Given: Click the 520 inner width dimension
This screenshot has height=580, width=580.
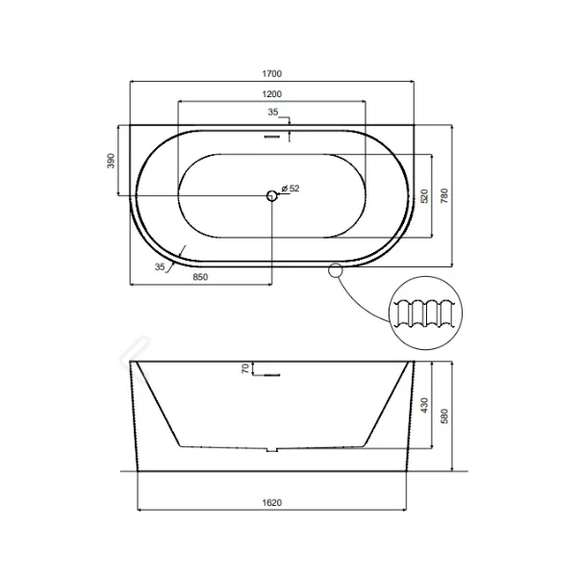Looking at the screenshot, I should pyautogui.click(x=423, y=196).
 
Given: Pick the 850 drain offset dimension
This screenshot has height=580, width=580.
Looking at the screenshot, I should pyautogui.click(x=200, y=277).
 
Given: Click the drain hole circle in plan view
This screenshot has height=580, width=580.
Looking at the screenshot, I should pyautogui.click(x=272, y=196).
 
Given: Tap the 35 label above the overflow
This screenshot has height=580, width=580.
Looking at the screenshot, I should pyautogui.click(x=272, y=113).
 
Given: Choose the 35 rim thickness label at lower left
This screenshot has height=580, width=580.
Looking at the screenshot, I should pyautogui.click(x=160, y=266).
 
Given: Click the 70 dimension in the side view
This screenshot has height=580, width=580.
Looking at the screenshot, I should pyautogui.click(x=245, y=366).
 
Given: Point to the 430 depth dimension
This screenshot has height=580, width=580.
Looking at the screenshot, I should pyautogui.click(x=423, y=406).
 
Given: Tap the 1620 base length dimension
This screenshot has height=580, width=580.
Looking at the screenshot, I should pyautogui.click(x=274, y=502).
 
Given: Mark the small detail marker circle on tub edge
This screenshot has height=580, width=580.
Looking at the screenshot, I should pyautogui.click(x=335, y=270).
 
